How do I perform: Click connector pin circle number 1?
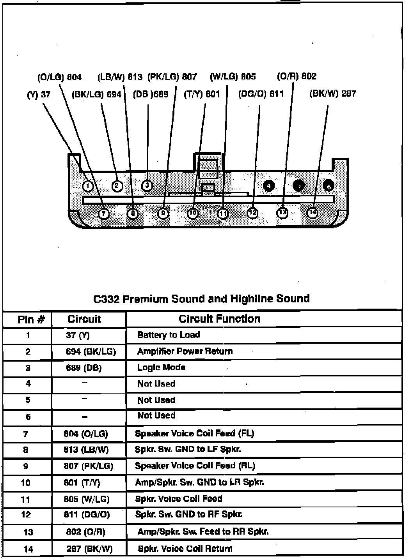click(x=88, y=186)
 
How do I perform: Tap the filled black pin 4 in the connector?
click(x=269, y=186)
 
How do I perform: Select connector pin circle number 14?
click(x=313, y=212)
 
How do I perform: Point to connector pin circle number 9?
click(x=163, y=213)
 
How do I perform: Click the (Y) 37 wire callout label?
click(x=39, y=94)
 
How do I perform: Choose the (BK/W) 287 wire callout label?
click(x=332, y=94)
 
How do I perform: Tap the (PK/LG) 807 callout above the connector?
click(x=172, y=77)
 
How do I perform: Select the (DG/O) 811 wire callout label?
click(x=261, y=94)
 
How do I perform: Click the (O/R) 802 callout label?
click(x=297, y=76)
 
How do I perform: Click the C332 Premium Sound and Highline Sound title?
click(x=202, y=299)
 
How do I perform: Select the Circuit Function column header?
click(x=220, y=319)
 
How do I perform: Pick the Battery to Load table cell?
click(x=169, y=335)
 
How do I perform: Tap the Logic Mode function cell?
click(x=161, y=367)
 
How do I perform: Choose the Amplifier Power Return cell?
click(x=185, y=351)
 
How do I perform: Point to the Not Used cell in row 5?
click(x=156, y=400)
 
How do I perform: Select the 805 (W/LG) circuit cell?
click(x=87, y=499)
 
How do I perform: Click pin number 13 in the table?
click(x=28, y=532)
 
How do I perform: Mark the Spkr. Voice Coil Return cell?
click(x=185, y=549)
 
